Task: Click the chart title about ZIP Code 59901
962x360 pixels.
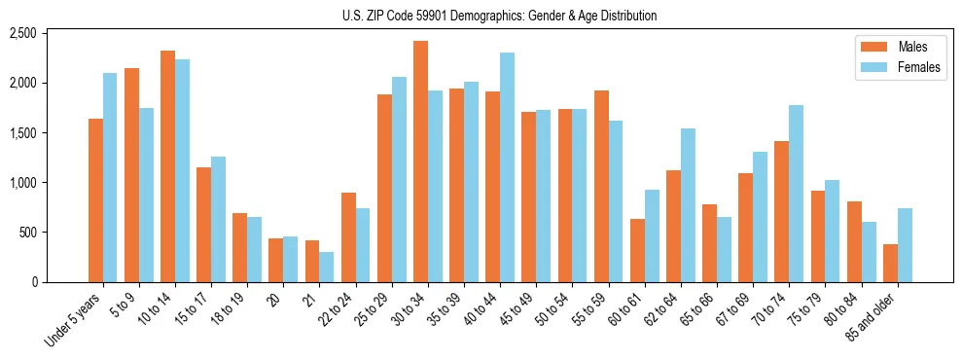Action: tap(499, 16)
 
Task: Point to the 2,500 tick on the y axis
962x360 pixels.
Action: tap(21, 33)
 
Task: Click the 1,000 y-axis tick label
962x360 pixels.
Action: tap(21, 183)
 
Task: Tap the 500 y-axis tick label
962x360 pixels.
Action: tap(27, 233)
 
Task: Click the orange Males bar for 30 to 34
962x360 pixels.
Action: tap(420, 162)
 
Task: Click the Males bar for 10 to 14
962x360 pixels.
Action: tap(167, 166)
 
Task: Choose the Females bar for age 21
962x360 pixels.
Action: tap(327, 268)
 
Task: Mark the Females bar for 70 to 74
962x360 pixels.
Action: tap(797, 194)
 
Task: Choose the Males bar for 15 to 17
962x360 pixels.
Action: tap(203, 225)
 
